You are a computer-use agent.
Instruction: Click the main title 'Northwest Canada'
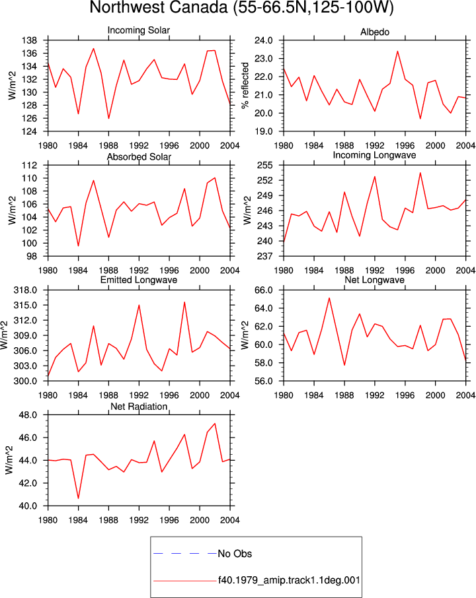[159, 8]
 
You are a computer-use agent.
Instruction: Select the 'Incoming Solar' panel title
[139, 30]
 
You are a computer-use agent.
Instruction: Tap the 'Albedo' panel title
[375, 32]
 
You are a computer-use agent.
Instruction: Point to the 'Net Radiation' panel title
[139, 407]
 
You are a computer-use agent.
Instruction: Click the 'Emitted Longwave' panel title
[139, 280]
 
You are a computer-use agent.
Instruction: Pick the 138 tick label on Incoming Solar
[29, 40]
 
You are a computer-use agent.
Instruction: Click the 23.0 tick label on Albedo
[264, 59]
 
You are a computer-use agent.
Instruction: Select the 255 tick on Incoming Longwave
[265, 166]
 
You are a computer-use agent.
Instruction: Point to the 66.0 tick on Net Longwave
[264, 290]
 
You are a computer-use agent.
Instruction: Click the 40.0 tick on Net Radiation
[28, 506]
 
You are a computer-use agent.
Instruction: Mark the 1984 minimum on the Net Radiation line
[78, 498]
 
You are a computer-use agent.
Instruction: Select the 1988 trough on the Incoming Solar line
[108, 118]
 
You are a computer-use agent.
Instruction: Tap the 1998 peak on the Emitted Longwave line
[184, 302]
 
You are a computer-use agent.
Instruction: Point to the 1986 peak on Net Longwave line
[329, 298]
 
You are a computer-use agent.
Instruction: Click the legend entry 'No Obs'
[235, 554]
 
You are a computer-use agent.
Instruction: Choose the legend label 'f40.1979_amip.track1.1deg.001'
[289, 580]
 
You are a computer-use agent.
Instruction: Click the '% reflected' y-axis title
[245, 86]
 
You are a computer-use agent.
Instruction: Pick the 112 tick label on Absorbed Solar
[29, 166]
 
